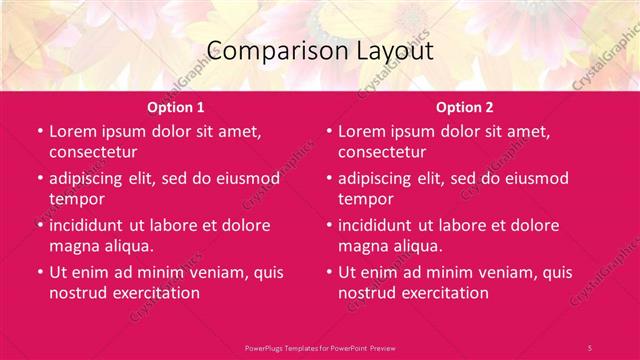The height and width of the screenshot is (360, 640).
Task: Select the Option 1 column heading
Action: pos(176,107)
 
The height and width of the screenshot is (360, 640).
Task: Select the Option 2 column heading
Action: pos(465,107)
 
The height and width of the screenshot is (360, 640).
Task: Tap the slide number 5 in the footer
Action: pos(590,347)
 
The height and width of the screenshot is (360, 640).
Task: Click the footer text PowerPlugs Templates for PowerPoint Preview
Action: pos(320,347)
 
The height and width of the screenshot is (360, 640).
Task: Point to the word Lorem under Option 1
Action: pos(74,131)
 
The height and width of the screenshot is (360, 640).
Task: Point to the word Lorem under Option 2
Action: pos(363,131)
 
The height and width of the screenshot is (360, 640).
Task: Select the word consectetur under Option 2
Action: pos(383,152)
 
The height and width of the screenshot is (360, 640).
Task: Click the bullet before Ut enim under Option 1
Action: pos(38,272)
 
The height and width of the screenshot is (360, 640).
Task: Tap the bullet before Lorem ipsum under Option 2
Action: pos(327,131)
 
